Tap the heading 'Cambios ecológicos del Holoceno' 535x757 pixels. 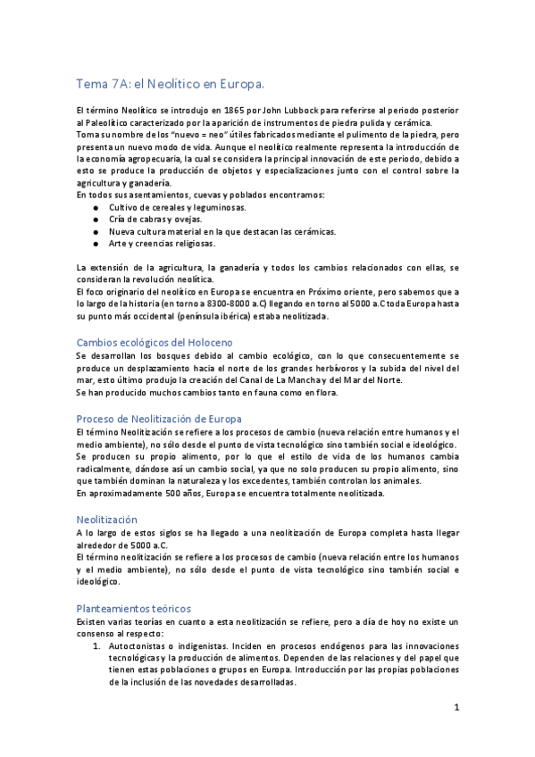[155, 342]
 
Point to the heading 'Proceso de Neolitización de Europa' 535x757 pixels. [159, 419]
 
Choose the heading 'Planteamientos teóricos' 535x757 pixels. [133, 608]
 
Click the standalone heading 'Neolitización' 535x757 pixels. [107, 518]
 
